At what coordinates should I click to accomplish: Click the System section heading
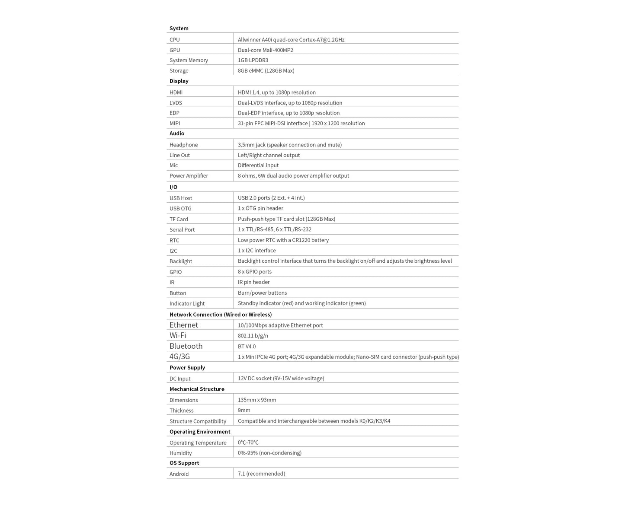point(179,28)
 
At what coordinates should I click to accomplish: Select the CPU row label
point(174,40)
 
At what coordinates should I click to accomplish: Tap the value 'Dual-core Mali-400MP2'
point(265,50)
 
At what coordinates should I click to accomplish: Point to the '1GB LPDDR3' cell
point(253,60)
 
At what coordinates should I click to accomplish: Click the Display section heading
point(179,81)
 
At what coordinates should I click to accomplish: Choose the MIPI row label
point(174,124)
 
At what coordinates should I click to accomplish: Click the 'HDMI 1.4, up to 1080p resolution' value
point(276,92)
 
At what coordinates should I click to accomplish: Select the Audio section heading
point(176,134)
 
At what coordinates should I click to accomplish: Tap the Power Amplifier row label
point(189,176)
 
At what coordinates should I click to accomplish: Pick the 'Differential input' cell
point(258,165)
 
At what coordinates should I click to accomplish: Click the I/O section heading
point(173,187)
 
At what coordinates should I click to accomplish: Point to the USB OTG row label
point(180,209)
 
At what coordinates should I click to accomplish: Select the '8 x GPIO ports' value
point(254,272)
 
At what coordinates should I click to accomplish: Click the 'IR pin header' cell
point(253,282)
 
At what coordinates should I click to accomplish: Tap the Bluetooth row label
point(186,346)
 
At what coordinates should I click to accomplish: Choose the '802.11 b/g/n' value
point(253,336)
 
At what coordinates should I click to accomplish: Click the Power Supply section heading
point(187,368)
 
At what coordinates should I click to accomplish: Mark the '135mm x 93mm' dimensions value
point(256,400)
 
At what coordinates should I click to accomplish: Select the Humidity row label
point(180,453)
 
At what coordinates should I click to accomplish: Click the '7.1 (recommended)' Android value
point(261,474)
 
